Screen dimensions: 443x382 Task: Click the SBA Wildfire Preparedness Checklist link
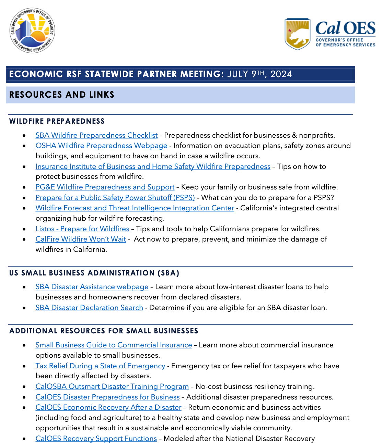(x=96, y=135)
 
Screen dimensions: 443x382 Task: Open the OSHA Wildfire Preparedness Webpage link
(x=101, y=146)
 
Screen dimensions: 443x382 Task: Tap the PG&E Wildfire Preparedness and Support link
(x=105, y=187)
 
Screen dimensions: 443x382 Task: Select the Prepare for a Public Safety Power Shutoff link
(x=115, y=198)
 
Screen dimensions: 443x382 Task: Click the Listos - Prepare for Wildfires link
(x=82, y=229)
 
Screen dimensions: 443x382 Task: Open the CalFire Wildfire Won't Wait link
(x=81, y=239)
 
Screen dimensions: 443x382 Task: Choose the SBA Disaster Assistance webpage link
(x=92, y=287)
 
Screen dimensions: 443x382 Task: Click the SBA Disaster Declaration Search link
(x=89, y=308)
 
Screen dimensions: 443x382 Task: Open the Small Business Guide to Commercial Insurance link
(x=114, y=345)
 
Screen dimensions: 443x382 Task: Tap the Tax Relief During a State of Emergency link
(x=100, y=366)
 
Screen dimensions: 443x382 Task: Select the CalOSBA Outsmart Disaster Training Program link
(x=112, y=386)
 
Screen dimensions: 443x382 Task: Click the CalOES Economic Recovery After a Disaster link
(x=108, y=407)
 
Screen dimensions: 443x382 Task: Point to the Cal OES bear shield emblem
(x=298, y=34)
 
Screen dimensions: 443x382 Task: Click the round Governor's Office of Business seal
(x=32, y=31)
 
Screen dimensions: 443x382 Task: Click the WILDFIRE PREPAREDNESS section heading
(x=57, y=121)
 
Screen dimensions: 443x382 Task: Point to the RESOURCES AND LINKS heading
(x=62, y=95)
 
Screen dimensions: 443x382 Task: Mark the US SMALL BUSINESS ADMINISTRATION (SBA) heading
(x=94, y=273)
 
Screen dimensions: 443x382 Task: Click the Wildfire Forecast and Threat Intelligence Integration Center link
(x=135, y=208)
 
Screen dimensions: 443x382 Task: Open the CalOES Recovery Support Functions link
(x=96, y=438)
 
